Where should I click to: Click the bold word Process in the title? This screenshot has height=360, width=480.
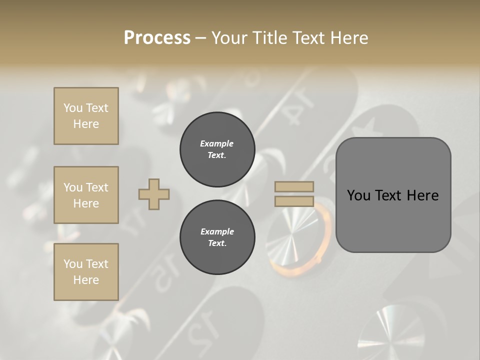(x=157, y=38)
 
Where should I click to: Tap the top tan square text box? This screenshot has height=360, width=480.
(x=86, y=116)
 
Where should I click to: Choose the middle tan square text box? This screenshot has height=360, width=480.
(x=86, y=195)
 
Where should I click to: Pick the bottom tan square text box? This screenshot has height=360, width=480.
(x=86, y=272)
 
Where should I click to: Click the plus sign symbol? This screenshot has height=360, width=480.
(x=154, y=194)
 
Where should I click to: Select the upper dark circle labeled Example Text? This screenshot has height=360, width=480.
(x=217, y=149)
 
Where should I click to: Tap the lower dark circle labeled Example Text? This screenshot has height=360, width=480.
(x=217, y=237)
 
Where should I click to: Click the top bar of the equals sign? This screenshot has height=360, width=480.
(x=294, y=186)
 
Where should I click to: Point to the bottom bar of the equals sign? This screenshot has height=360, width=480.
(x=294, y=201)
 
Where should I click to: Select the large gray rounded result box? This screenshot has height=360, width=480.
(x=393, y=195)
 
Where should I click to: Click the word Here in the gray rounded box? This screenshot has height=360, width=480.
(x=422, y=195)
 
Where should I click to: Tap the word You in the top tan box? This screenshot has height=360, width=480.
(x=72, y=108)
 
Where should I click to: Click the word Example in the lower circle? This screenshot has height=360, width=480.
(x=217, y=231)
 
